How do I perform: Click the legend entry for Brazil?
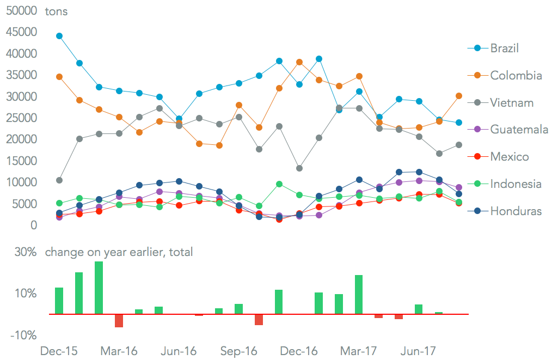(x=504, y=48)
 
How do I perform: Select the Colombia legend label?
(x=516, y=75)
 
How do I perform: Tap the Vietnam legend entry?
(x=512, y=102)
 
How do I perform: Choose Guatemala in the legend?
(x=519, y=130)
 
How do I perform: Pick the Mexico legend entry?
(x=510, y=157)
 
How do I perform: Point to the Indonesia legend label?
(x=516, y=184)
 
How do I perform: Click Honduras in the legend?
(x=516, y=211)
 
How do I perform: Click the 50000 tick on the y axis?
(x=22, y=11)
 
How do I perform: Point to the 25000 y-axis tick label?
(x=22, y=118)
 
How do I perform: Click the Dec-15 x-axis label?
(x=59, y=351)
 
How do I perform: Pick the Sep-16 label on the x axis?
(x=238, y=351)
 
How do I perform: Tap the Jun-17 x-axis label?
(x=418, y=351)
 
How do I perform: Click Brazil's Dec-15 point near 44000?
(x=59, y=36)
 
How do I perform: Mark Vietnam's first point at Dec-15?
(x=59, y=180)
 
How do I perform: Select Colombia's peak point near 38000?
(x=299, y=62)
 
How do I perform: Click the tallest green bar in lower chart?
(x=99, y=288)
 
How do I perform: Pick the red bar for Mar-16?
(x=119, y=321)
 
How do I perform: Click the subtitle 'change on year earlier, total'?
(x=119, y=252)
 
